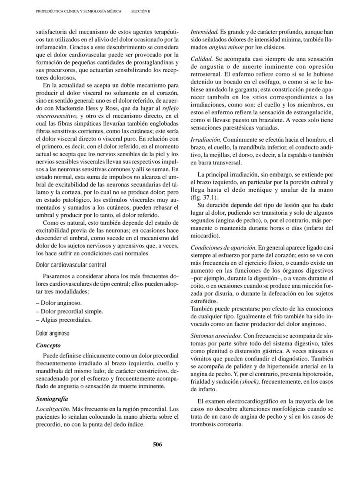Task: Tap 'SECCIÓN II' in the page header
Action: [140, 11]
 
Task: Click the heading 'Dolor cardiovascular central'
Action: [71, 264]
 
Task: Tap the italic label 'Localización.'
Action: [53, 409]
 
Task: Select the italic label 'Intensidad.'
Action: [204, 32]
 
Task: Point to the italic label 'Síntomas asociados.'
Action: [216, 336]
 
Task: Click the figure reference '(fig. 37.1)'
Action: [202, 197]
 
